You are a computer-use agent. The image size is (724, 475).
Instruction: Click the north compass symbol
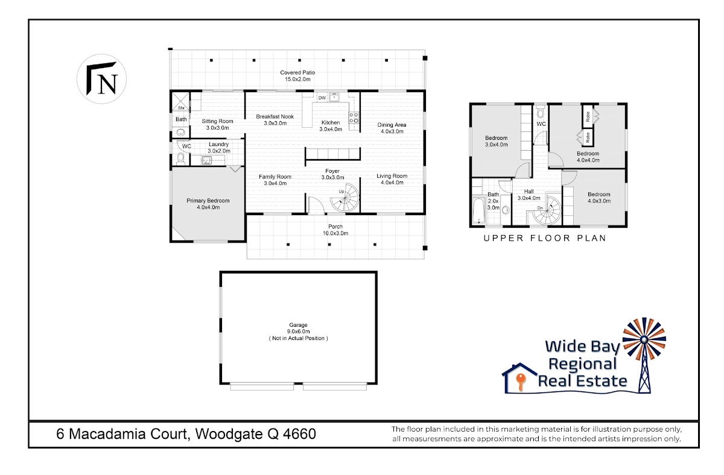(x=101, y=79)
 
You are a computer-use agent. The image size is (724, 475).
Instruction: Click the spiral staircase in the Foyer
(x=345, y=198)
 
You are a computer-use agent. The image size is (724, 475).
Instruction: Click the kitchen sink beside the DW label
(x=334, y=97)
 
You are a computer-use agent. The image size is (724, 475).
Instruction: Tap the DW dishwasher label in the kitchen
(x=322, y=98)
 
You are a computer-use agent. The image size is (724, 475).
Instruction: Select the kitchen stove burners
(x=354, y=118)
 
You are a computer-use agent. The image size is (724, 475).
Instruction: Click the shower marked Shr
(x=180, y=101)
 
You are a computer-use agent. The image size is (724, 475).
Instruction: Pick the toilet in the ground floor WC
(x=180, y=159)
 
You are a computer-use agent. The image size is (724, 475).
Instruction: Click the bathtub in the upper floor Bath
(x=478, y=210)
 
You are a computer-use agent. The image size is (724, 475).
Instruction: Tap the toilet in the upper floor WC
(x=540, y=112)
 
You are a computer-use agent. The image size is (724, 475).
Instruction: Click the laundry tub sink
(x=206, y=160)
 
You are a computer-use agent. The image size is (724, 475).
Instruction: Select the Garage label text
(x=298, y=325)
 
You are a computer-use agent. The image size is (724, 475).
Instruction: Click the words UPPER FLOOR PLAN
(x=545, y=238)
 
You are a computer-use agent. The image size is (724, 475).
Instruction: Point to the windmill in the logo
(x=644, y=354)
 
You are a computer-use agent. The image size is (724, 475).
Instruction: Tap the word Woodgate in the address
(x=229, y=434)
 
